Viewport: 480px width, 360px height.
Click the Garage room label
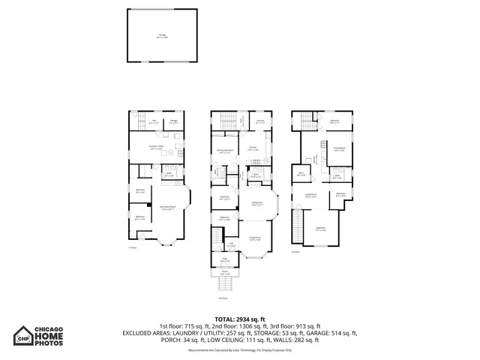162,35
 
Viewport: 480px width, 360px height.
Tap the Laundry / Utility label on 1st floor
157,148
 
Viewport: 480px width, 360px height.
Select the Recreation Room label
167,208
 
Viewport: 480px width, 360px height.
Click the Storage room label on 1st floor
172,121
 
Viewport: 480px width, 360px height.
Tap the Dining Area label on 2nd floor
256,203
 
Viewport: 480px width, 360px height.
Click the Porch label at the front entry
225,273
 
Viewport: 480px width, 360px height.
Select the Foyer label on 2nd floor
224,259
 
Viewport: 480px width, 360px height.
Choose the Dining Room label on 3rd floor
339,149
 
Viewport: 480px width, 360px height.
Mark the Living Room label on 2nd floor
256,238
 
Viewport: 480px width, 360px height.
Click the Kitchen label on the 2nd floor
253,148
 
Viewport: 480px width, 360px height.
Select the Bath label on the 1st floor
169,174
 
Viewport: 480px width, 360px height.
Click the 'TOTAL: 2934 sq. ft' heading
239,319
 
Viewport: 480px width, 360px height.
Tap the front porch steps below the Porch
225,286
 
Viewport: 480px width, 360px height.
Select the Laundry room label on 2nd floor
259,121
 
